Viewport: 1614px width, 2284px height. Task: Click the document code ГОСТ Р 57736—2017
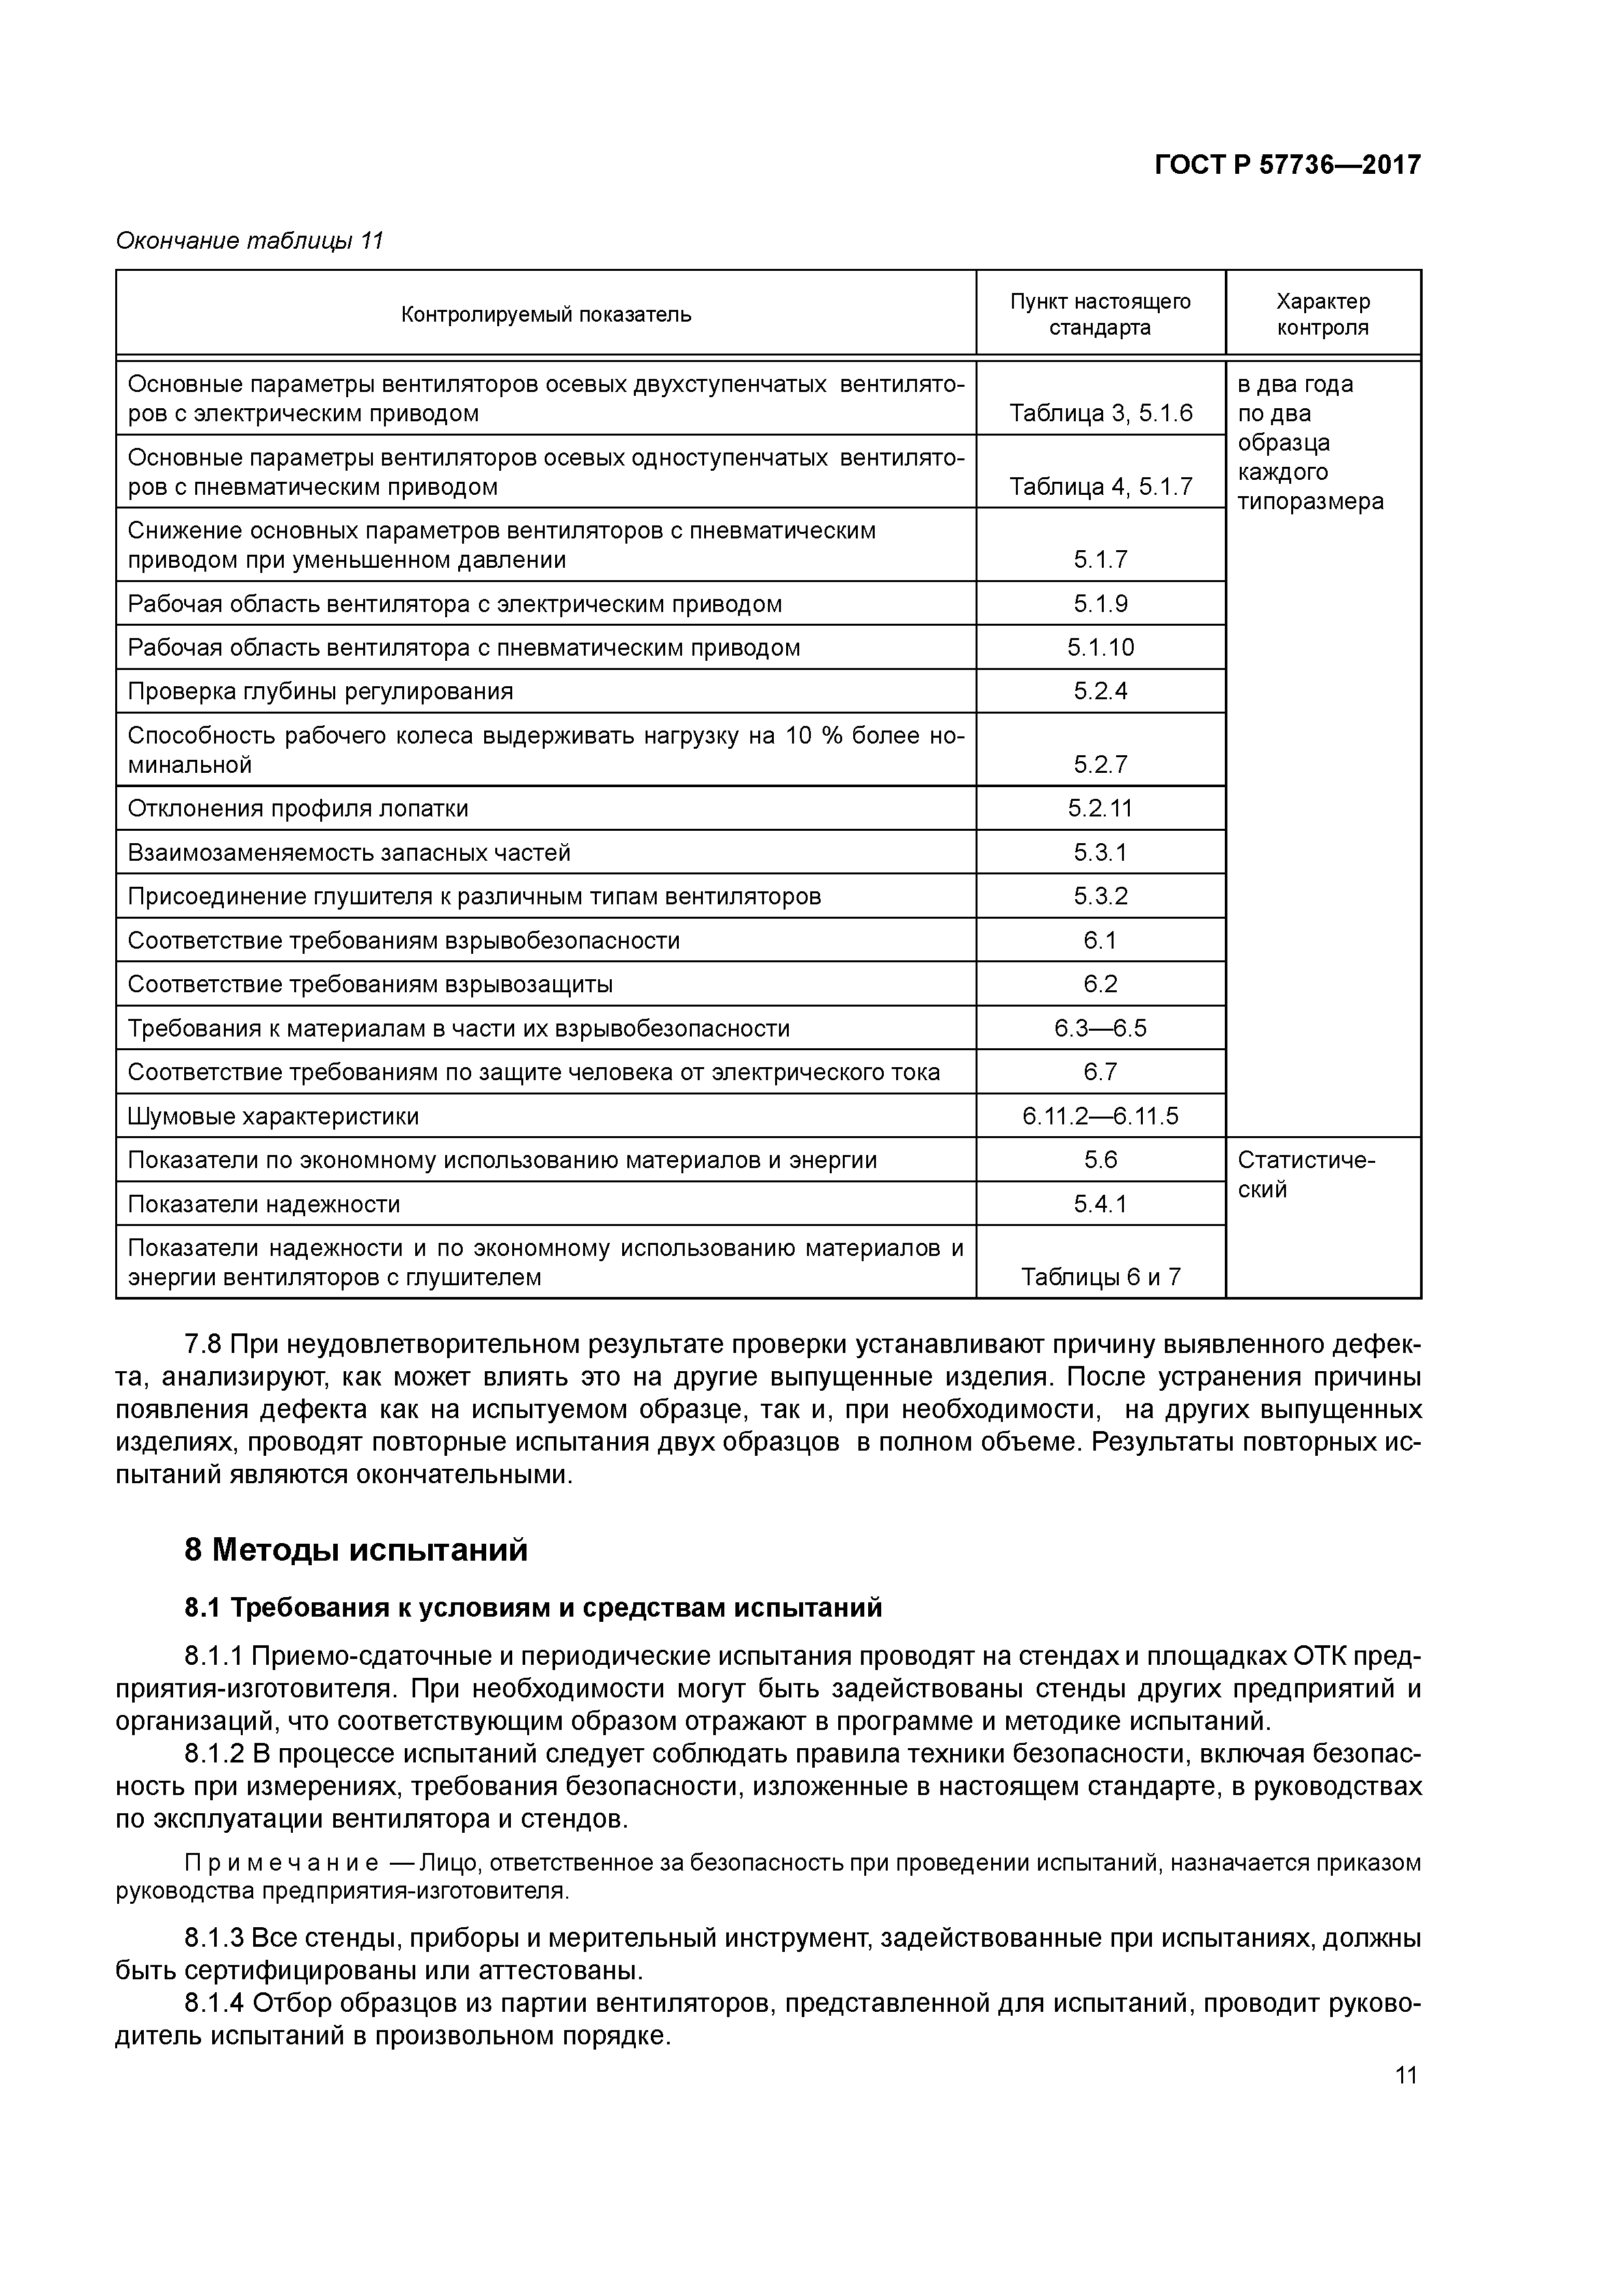point(1287,165)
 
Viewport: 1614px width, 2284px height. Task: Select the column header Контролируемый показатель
point(546,315)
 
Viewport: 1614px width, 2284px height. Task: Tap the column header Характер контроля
point(1322,314)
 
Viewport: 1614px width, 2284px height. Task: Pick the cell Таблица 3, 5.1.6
point(1100,413)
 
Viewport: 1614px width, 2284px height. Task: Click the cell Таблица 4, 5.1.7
point(1100,486)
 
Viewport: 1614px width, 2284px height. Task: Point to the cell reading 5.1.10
point(1100,648)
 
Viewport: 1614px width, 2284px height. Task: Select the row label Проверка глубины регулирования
point(320,691)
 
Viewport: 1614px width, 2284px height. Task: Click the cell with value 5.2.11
point(1100,809)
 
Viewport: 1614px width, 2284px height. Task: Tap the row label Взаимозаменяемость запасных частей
point(349,852)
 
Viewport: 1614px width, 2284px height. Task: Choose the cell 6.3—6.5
point(1100,1027)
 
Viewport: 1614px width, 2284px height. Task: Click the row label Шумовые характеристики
point(273,1116)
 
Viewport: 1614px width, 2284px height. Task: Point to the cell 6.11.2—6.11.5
point(1100,1116)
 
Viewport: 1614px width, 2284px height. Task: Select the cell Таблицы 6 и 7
point(1100,1277)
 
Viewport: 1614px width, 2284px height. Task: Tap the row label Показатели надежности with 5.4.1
point(264,1205)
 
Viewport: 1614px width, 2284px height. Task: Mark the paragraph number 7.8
point(203,1345)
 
